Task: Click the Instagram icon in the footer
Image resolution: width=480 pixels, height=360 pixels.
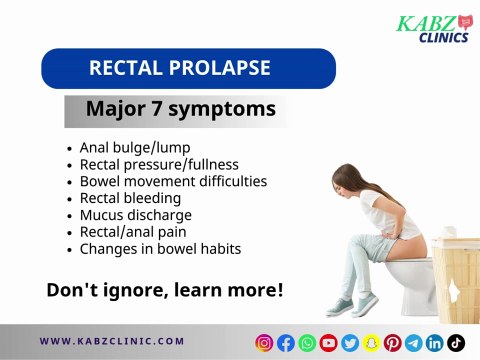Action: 265,342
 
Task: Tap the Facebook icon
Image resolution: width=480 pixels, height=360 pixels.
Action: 286,342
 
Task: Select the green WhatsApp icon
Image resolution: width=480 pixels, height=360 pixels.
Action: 307,342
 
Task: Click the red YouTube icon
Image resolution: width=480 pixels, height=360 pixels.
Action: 328,342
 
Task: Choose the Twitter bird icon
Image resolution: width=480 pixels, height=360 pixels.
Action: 350,342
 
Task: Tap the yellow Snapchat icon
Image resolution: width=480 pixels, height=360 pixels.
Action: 371,342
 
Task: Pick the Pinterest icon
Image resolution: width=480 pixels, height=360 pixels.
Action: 392,342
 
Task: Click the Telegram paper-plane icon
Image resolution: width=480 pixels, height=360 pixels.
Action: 413,342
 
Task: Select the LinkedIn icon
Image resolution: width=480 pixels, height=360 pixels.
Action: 435,342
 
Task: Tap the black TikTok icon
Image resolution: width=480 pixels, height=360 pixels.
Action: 456,342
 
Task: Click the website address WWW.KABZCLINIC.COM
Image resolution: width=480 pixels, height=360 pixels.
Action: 112,341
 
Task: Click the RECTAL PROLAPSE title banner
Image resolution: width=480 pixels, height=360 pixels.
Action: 188,69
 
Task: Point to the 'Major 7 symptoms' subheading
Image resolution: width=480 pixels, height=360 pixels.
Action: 180,109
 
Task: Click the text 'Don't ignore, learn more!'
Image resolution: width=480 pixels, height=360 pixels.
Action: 165,291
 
